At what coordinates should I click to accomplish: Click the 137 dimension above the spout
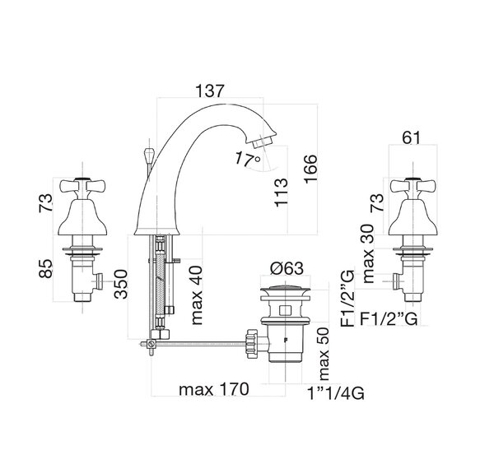[x=210, y=91]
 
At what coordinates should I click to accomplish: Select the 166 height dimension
[x=311, y=168]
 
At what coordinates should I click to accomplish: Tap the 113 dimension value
[x=282, y=193]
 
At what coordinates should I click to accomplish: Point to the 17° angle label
[x=247, y=159]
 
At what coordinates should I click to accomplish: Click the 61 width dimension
[x=411, y=137]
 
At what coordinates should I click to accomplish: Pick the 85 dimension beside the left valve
[x=46, y=268]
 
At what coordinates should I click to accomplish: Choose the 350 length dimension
[x=121, y=284]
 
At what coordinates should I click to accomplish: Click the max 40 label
[x=197, y=295]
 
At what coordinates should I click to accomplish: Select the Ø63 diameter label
[x=287, y=268]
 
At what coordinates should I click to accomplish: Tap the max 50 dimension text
[x=324, y=354]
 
